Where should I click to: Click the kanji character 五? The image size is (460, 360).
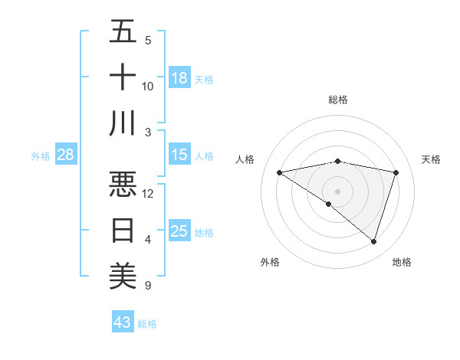(x=123, y=31)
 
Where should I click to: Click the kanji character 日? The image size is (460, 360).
(x=123, y=230)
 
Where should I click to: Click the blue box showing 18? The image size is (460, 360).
(x=179, y=78)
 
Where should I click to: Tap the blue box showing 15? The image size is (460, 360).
(x=179, y=155)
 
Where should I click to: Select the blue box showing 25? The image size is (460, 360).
(x=179, y=232)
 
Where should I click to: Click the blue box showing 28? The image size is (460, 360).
(x=65, y=155)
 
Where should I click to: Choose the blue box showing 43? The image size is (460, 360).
(x=123, y=322)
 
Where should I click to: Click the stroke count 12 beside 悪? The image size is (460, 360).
(x=148, y=193)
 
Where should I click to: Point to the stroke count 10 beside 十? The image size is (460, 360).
(x=148, y=86)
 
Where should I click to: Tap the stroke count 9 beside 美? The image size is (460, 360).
(x=148, y=286)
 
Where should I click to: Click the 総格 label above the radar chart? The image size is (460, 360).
(x=337, y=100)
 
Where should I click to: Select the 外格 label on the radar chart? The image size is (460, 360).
(x=269, y=262)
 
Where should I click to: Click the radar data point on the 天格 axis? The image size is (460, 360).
(x=396, y=172)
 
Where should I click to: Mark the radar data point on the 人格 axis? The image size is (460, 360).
(x=279, y=172)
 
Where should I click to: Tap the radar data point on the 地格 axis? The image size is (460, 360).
(x=373, y=241)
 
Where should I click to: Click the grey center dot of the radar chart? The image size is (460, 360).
(x=337, y=190)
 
